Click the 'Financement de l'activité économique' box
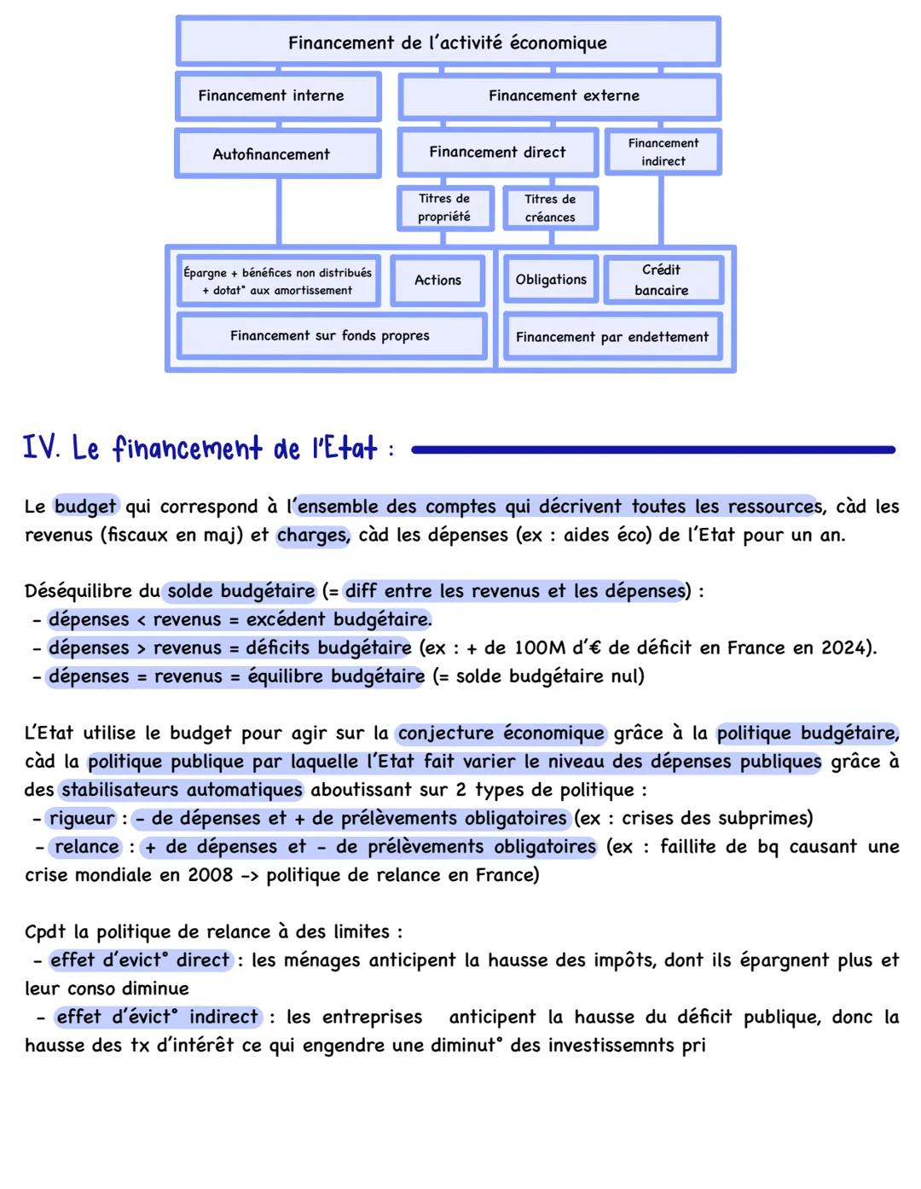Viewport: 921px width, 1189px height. pos(448,42)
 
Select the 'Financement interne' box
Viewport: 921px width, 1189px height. pos(278,96)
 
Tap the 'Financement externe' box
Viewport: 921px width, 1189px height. pos(560,96)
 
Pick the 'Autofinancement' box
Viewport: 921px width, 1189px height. pos(278,154)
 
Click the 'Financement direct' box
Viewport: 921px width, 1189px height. pos(497,152)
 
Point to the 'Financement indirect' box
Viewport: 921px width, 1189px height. pos(663,152)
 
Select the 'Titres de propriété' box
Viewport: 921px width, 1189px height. pos(444,208)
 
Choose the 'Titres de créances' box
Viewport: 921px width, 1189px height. pos(550,208)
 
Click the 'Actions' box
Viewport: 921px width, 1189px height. pos(437,280)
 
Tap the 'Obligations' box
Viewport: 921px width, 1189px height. pos(551,279)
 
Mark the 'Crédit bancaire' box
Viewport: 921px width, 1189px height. pos(662,280)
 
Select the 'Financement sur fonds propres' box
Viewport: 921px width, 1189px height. pos(330,335)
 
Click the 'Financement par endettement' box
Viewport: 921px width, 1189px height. pos(611,337)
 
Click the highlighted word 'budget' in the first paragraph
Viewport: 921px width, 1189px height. pos(85,506)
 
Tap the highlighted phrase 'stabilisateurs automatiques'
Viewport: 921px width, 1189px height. pos(182,790)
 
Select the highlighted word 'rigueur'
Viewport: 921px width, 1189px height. pos(82,818)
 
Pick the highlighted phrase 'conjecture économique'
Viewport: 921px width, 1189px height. pos(501,733)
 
